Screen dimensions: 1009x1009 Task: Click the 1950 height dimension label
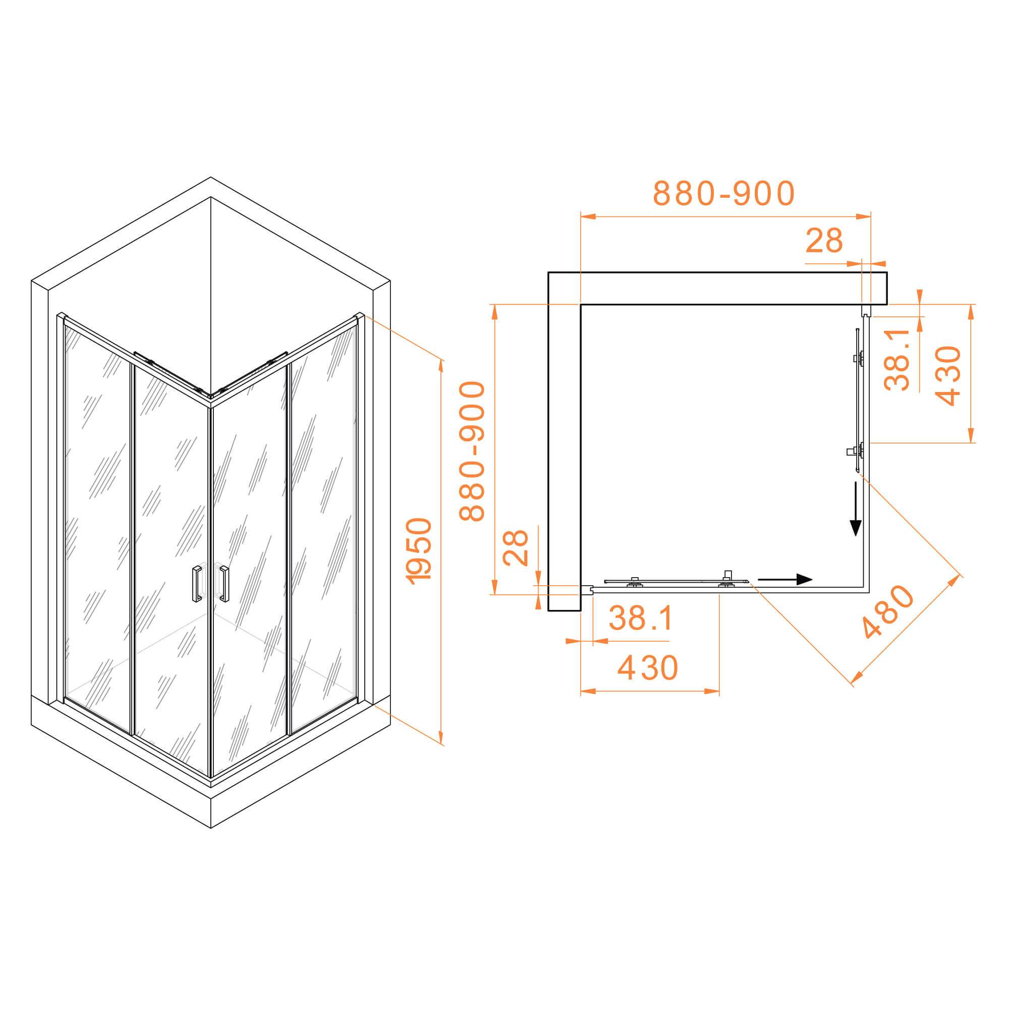pos(419,551)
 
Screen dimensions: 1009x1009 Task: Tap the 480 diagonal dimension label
pos(887,611)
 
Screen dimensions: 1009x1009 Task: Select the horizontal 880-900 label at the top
pos(723,193)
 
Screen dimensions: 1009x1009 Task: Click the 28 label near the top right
pos(824,241)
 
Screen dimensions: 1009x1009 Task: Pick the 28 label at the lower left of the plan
pos(515,548)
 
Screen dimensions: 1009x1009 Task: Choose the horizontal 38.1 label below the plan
pos(641,619)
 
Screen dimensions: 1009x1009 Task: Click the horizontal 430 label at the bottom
pos(648,668)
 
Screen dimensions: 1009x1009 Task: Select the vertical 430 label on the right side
pos(948,375)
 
